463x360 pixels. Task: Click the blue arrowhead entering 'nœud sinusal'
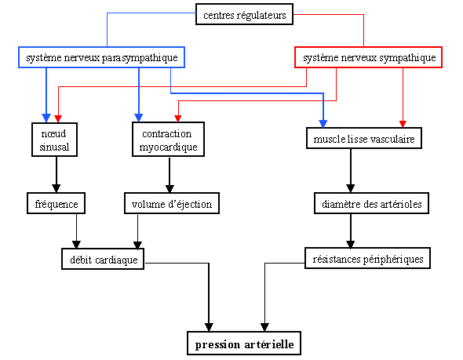[46, 118]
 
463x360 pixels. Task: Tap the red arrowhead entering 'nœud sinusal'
[58, 118]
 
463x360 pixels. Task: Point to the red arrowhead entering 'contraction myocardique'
[178, 118]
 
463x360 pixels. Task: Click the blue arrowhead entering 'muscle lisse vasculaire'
[323, 124]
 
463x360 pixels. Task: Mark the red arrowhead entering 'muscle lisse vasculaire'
[403, 124]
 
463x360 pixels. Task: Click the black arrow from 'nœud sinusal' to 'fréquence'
[56, 175]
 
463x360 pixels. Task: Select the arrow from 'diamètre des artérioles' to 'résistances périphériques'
[351, 231]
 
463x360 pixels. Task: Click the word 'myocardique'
[168, 147]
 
